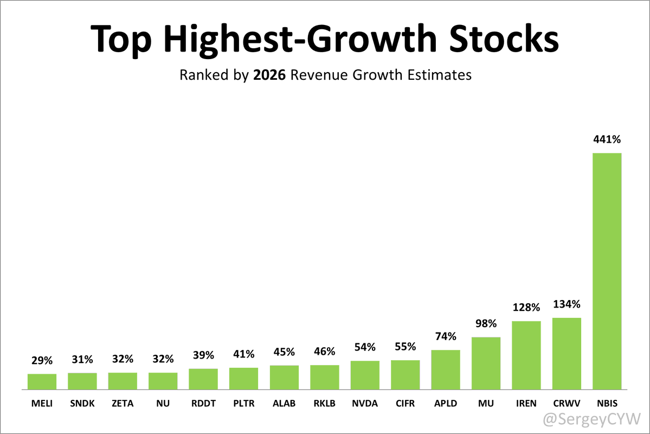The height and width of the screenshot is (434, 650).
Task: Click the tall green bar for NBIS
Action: [x=607, y=271]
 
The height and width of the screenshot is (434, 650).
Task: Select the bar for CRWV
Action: [x=567, y=354]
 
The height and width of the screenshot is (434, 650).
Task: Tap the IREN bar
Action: [x=526, y=355]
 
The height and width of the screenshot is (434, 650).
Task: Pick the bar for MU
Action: [x=486, y=363]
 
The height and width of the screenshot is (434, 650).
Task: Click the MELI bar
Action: [x=42, y=381]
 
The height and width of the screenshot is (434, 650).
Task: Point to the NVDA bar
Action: [x=365, y=375]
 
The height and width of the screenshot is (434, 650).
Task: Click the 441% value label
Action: [x=607, y=139]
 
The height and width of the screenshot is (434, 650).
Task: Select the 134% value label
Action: [x=567, y=304]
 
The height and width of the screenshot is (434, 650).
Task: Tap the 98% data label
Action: [x=486, y=324]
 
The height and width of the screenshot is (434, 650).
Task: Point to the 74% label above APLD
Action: [x=445, y=336]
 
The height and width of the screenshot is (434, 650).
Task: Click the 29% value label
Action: [x=42, y=360]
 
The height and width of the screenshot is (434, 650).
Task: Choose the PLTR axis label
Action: [x=243, y=404]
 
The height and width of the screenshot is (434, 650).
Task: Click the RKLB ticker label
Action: [x=324, y=404]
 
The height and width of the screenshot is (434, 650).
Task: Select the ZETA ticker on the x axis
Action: [x=123, y=404]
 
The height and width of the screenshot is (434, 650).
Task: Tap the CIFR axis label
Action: [x=405, y=404]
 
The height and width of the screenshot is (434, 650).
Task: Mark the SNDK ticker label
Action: [x=82, y=404]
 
